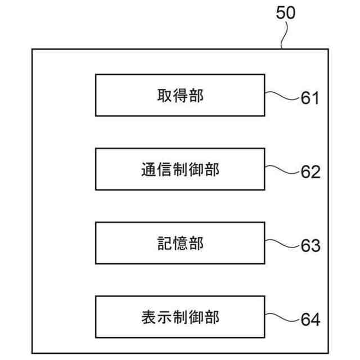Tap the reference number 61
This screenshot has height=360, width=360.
click(310, 98)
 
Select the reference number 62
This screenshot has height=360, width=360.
click(310, 172)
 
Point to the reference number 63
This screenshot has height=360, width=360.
click(310, 246)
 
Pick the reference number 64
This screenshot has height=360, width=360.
click(310, 320)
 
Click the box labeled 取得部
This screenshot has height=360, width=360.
click(180, 96)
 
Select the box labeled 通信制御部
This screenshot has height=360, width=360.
click(180, 169)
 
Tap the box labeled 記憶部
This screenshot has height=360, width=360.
click(180, 243)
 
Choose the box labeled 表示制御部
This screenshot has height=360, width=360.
click(180, 317)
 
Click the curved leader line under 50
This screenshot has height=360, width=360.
click(285, 35)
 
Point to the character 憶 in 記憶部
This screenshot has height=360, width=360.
click(180, 243)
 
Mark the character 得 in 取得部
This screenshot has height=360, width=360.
click(180, 96)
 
